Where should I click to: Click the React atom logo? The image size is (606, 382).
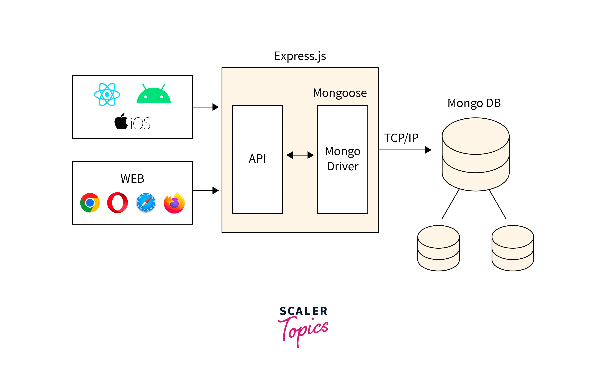click(107, 95)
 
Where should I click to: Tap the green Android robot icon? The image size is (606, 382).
click(153, 94)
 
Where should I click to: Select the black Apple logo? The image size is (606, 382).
click(121, 122)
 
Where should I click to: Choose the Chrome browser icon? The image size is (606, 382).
click(90, 203)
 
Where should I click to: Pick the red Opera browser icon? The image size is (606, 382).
click(117, 203)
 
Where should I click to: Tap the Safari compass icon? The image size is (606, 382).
click(146, 203)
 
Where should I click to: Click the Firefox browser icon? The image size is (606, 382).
click(174, 203)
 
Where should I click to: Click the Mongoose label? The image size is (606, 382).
click(340, 93)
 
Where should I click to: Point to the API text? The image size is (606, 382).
click(257, 159)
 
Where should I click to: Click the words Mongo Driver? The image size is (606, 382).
click(343, 159)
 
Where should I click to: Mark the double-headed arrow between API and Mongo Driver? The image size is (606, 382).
click(300, 155)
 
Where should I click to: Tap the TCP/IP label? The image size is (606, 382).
click(401, 138)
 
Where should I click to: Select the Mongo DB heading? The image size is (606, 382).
click(474, 103)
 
